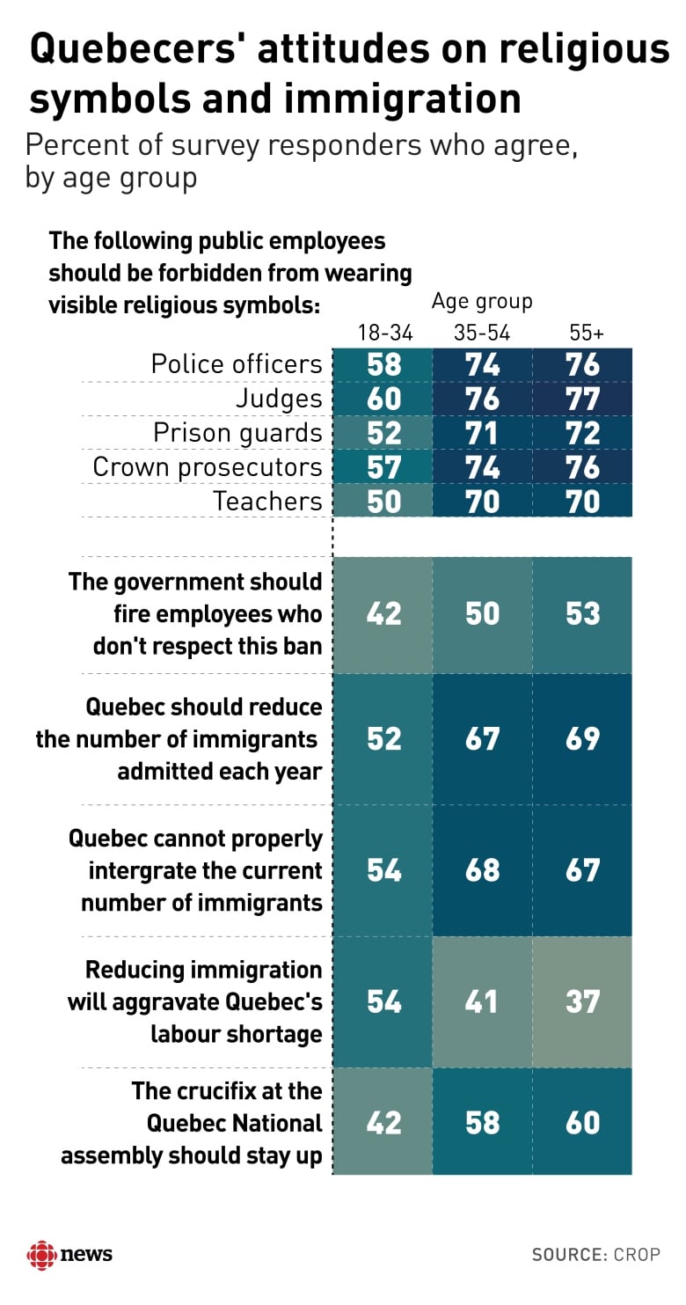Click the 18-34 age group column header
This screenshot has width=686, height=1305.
383,334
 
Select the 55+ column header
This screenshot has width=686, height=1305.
583,334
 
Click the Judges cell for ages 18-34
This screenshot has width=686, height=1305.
383,399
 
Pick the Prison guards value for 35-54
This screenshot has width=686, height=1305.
482,433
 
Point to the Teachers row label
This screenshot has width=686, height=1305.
268,502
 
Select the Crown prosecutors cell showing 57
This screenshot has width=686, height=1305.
383,467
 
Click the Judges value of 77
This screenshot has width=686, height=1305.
583,399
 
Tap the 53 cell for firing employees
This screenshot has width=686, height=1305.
583,613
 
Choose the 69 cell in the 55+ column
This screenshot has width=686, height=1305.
583,738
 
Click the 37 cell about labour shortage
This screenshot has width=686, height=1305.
583,1001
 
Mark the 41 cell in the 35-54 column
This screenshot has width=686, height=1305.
482,1001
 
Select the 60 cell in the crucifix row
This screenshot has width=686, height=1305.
583,1123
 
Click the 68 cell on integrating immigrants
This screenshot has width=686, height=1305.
482,869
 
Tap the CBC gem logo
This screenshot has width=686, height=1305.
41,1254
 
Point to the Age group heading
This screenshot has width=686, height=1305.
482,302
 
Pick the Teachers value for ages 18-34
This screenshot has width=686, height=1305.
383,502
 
